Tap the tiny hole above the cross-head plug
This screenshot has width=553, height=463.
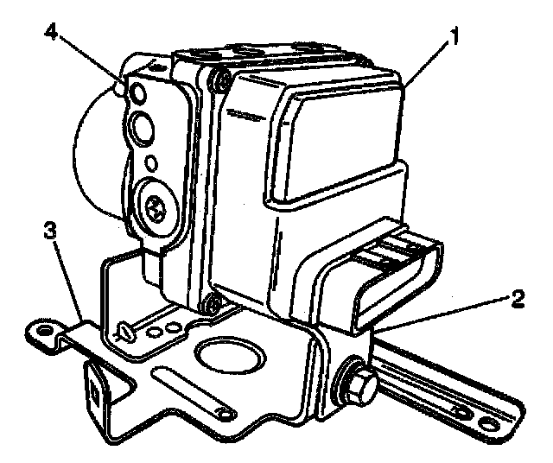click(x=151, y=162)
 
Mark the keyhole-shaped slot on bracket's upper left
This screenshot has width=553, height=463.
click(x=124, y=330)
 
